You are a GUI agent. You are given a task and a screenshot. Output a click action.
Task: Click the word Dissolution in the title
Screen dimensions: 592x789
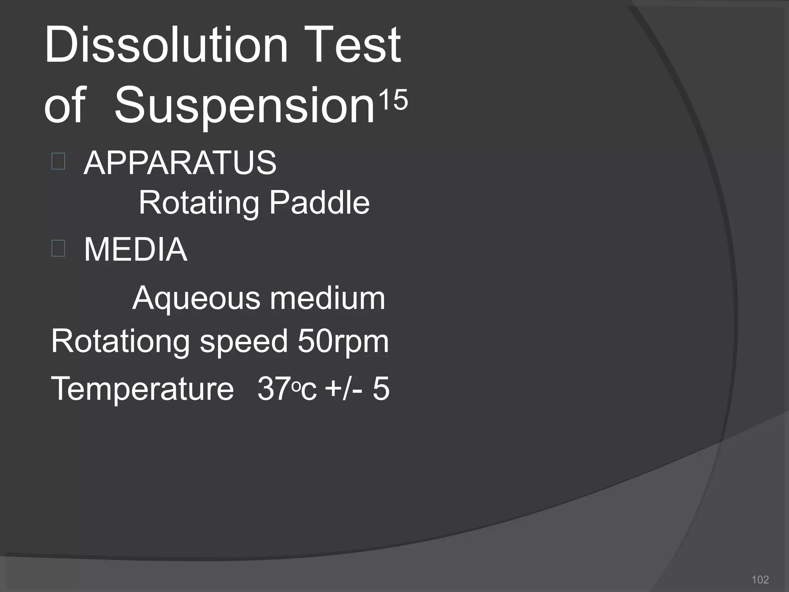(x=166, y=45)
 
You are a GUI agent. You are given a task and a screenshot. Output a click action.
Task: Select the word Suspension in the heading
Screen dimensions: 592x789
(x=245, y=106)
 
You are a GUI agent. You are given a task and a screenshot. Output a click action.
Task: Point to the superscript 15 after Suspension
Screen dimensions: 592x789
(x=393, y=99)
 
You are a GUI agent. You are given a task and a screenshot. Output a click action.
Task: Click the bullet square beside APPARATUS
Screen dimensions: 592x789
(x=58, y=161)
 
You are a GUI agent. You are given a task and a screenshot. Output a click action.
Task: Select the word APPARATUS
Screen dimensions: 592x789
(x=180, y=163)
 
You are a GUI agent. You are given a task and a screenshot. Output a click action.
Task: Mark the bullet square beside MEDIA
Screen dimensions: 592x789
(x=58, y=248)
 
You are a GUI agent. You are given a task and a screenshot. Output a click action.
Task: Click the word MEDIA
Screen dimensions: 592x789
(x=136, y=250)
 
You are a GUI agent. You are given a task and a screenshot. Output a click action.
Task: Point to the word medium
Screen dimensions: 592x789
(x=327, y=298)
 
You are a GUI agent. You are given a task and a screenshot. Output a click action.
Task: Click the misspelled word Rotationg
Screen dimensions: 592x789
(x=121, y=341)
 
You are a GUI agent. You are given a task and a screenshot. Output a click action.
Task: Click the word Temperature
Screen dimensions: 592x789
(x=142, y=389)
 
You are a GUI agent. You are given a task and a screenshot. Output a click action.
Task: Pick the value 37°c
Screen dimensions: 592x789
(x=287, y=389)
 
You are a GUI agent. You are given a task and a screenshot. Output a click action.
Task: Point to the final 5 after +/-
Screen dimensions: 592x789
(x=381, y=389)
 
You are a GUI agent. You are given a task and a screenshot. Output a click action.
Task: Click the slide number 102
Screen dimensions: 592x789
(x=760, y=580)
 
